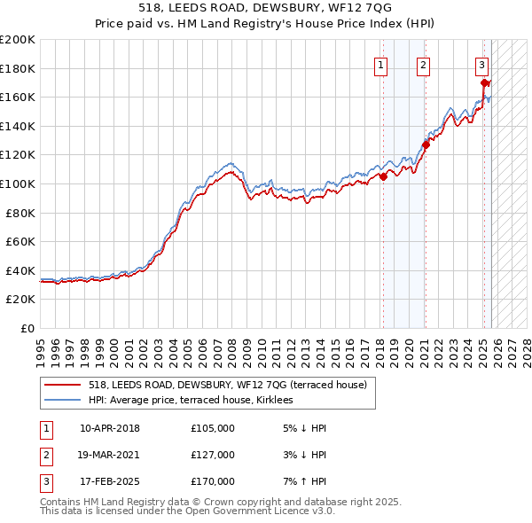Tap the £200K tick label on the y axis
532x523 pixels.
click(x=17, y=39)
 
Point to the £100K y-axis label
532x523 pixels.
click(x=17, y=183)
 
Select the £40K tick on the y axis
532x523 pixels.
click(x=20, y=270)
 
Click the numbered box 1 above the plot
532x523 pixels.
click(x=380, y=64)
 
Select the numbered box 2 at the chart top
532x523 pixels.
click(x=424, y=64)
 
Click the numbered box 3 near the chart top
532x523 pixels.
click(x=481, y=64)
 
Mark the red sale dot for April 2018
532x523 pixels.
click(x=383, y=176)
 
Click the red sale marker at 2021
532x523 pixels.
click(x=426, y=144)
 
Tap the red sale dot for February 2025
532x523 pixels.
click(x=484, y=83)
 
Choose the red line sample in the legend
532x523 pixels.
click(x=63, y=385)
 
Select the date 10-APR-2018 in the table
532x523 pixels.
click(x=110, y=428)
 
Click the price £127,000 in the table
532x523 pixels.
click(x=212, y=455)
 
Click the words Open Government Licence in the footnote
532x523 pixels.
click(x=254, y=511)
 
